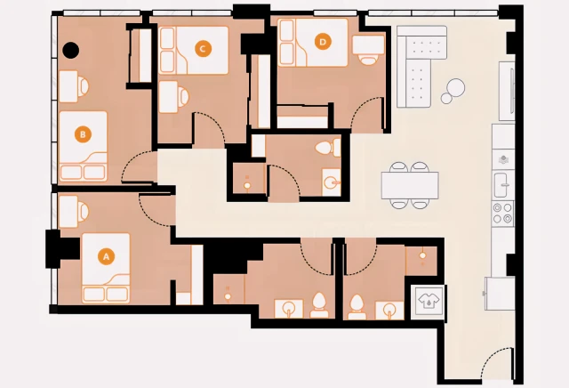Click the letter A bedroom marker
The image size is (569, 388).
(x=106, y=256)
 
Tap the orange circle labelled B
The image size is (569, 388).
(x=83, y=135)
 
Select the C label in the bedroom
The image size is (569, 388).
(x=203, y=48)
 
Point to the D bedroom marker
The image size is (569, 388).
(x=323, y=40)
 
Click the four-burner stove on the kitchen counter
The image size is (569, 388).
(x=503, y=213)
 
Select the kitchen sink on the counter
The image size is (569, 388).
(x=503, y=184)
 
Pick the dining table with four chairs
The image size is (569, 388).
(x=411, y=185)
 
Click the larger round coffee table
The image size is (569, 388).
(x=455, y=87)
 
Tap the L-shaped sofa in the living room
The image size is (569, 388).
(x=418, y=67)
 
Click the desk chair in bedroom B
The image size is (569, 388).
(x=82, y=86)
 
